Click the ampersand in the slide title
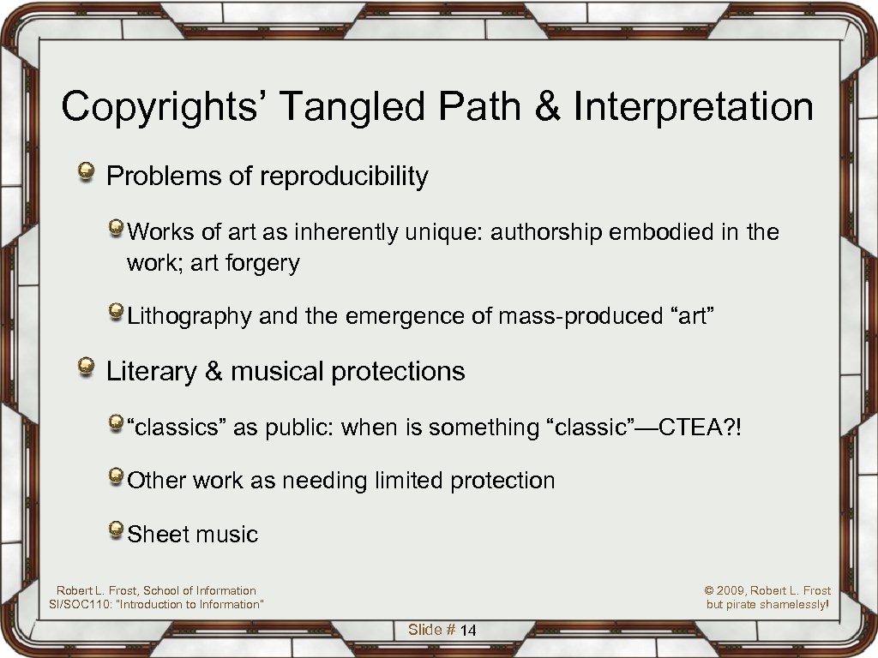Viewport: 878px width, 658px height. pos(544,107)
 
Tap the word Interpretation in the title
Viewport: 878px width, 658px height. pos(694,107)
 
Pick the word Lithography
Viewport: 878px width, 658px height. pos(189,317)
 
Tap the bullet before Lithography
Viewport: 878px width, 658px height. pos(116,314)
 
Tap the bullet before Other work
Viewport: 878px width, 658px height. pos(116,478)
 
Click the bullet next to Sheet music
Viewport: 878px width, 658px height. pos(116,532)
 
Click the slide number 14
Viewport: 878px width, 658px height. pos(468,631)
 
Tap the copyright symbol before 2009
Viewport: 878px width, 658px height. pos(710,590)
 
